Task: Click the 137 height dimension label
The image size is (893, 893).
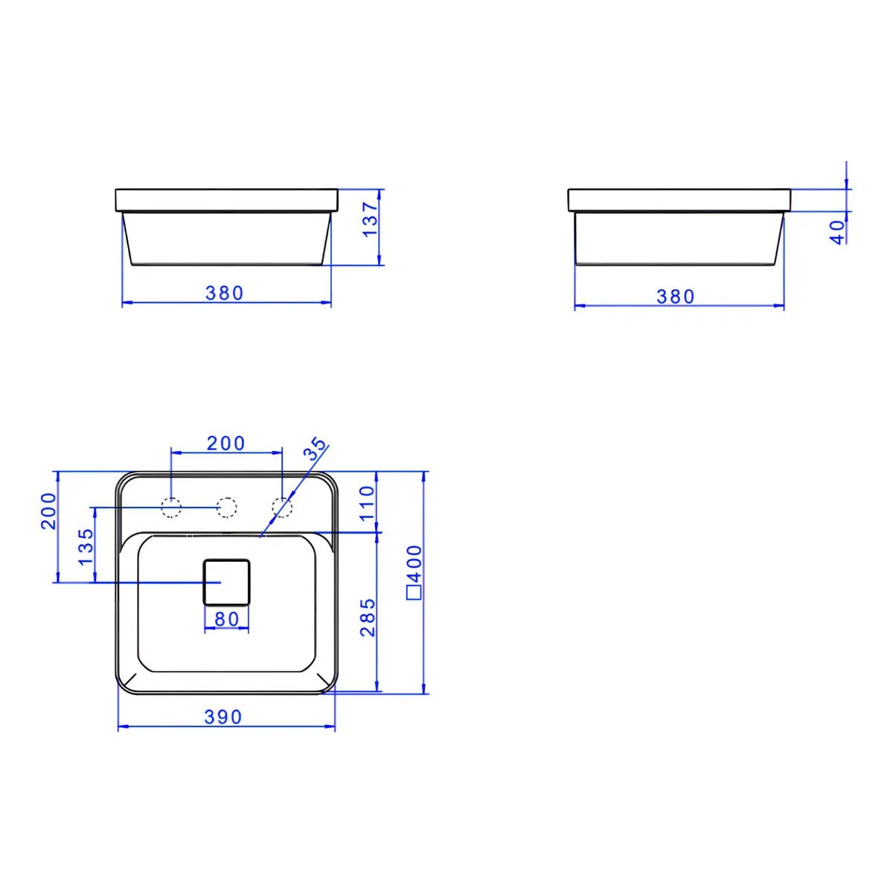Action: tap(371, 220)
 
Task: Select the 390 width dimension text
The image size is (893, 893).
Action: tap(223, 717)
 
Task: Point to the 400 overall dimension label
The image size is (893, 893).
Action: tap(414, 563)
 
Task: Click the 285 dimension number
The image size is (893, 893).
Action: tap(368, 618)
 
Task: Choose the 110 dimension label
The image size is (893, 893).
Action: tap(367, 504)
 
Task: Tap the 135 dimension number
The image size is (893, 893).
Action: tap(86, 547)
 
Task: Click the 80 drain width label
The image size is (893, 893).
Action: tap(227, 618)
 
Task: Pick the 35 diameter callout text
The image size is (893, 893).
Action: tap(315, 449)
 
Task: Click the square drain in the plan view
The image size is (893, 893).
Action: tap(227, 582)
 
